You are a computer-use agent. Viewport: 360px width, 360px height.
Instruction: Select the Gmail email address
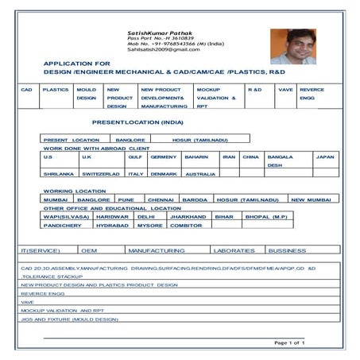pos(163,49)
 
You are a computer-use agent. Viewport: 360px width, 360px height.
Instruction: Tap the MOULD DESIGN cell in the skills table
pos(87,98)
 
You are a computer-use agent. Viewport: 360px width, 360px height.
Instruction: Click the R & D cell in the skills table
pos(255,90)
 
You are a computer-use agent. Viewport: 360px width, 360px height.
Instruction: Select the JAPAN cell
pos(324,157)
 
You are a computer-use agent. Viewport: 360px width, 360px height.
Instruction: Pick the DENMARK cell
pos(164,173)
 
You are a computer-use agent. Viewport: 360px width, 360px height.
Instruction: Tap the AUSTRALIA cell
pos(200,173)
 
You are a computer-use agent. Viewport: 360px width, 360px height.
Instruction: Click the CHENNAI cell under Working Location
pos(160,199)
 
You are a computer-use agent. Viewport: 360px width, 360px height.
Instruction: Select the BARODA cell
pos(194,199)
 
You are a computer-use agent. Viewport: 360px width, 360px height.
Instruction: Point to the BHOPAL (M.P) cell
pos(266,216)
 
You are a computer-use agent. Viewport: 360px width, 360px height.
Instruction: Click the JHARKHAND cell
pos(188,216)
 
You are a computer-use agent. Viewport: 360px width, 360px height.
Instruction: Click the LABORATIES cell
pos(234,250)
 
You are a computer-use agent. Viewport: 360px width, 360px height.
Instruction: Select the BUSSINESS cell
pos(287,250)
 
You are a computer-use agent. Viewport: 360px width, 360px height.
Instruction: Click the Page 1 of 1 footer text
pos(289,343)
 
